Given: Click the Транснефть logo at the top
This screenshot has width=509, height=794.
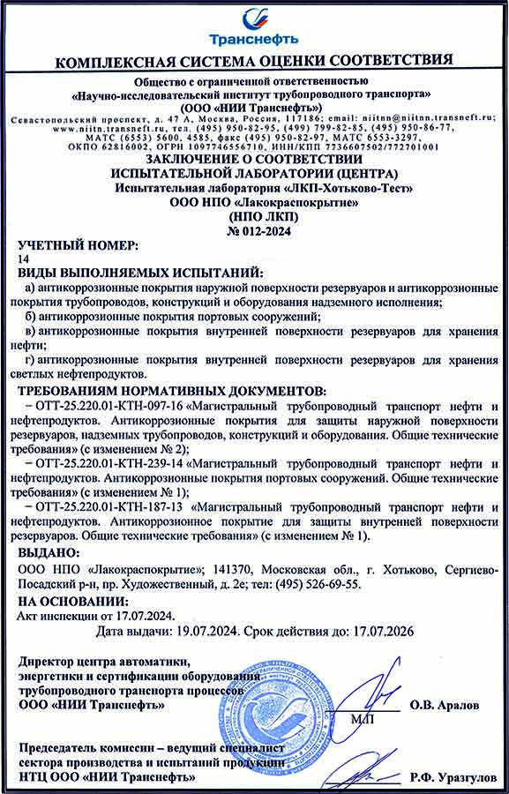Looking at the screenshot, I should [x=253, y=27].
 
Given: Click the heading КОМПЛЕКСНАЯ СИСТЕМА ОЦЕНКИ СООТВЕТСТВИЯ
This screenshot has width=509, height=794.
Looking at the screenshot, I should [x=254, y=61].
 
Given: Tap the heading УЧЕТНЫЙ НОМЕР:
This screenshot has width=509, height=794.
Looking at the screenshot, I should [x=79, y=243].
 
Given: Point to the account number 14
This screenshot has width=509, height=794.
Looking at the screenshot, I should [x=23, y=258].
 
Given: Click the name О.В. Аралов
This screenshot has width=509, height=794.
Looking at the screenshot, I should [x=457, y=705].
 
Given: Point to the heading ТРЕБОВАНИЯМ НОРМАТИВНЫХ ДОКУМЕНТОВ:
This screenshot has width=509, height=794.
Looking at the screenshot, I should [x=172, y=390].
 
